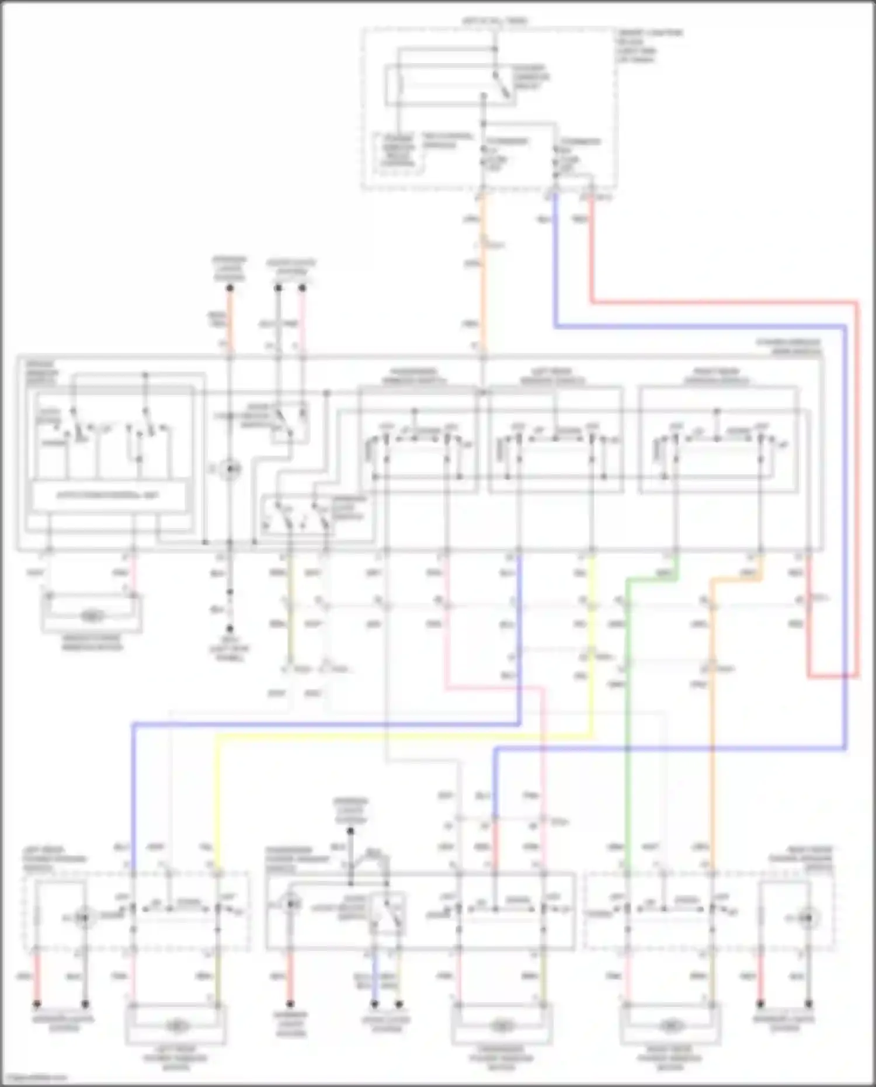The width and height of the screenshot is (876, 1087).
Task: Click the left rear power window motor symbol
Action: click(x=175, y=1025)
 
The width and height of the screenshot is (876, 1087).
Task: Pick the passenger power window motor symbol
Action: click(x=500, y=1025)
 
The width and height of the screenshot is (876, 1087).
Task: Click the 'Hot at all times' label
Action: click(x=495, y=21)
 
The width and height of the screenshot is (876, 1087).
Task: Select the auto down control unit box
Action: click(x=109, y=496)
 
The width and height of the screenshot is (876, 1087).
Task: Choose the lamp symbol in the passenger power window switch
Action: click(x=291, y=905)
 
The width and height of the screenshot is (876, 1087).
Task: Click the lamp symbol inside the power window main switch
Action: click(x=230, y=468)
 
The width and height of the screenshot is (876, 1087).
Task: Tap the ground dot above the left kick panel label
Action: click(x=230, y=629)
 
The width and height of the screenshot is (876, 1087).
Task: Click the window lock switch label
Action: click(x=350, y=508)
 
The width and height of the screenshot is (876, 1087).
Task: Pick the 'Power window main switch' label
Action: click(x=788, y=346)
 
